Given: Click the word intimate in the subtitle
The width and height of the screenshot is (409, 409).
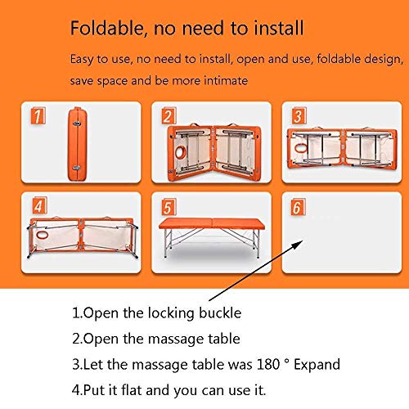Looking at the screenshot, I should coord(222,81).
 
